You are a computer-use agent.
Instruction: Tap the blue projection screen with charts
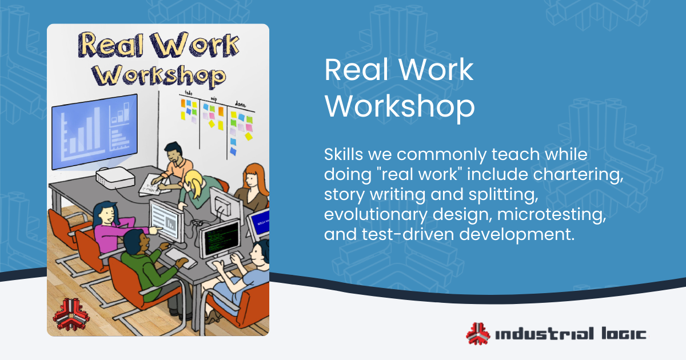[x=94, y=131]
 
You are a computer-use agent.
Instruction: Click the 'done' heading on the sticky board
[x=241, y=103]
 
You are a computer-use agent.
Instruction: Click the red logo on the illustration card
[x=68, y=313]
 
